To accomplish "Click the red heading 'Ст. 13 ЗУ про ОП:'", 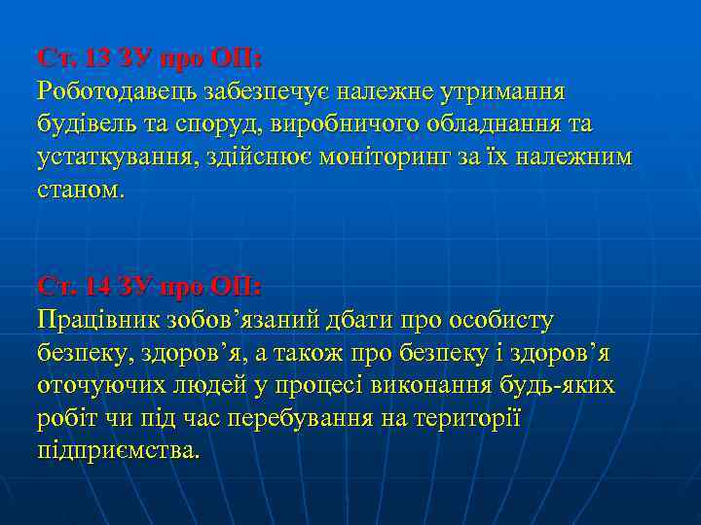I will [149, 58].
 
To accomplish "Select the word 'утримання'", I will [501, 91].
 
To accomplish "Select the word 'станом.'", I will [82, 191].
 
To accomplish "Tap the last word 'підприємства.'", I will [118, 451].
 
